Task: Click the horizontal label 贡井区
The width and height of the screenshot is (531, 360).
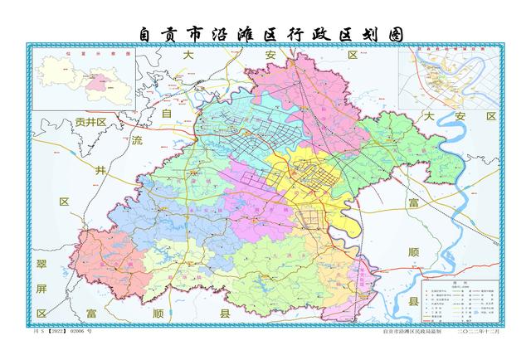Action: point(90,122)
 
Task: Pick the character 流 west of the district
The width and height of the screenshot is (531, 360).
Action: point(137,142)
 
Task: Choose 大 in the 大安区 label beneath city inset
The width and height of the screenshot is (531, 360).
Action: point(429,116)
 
